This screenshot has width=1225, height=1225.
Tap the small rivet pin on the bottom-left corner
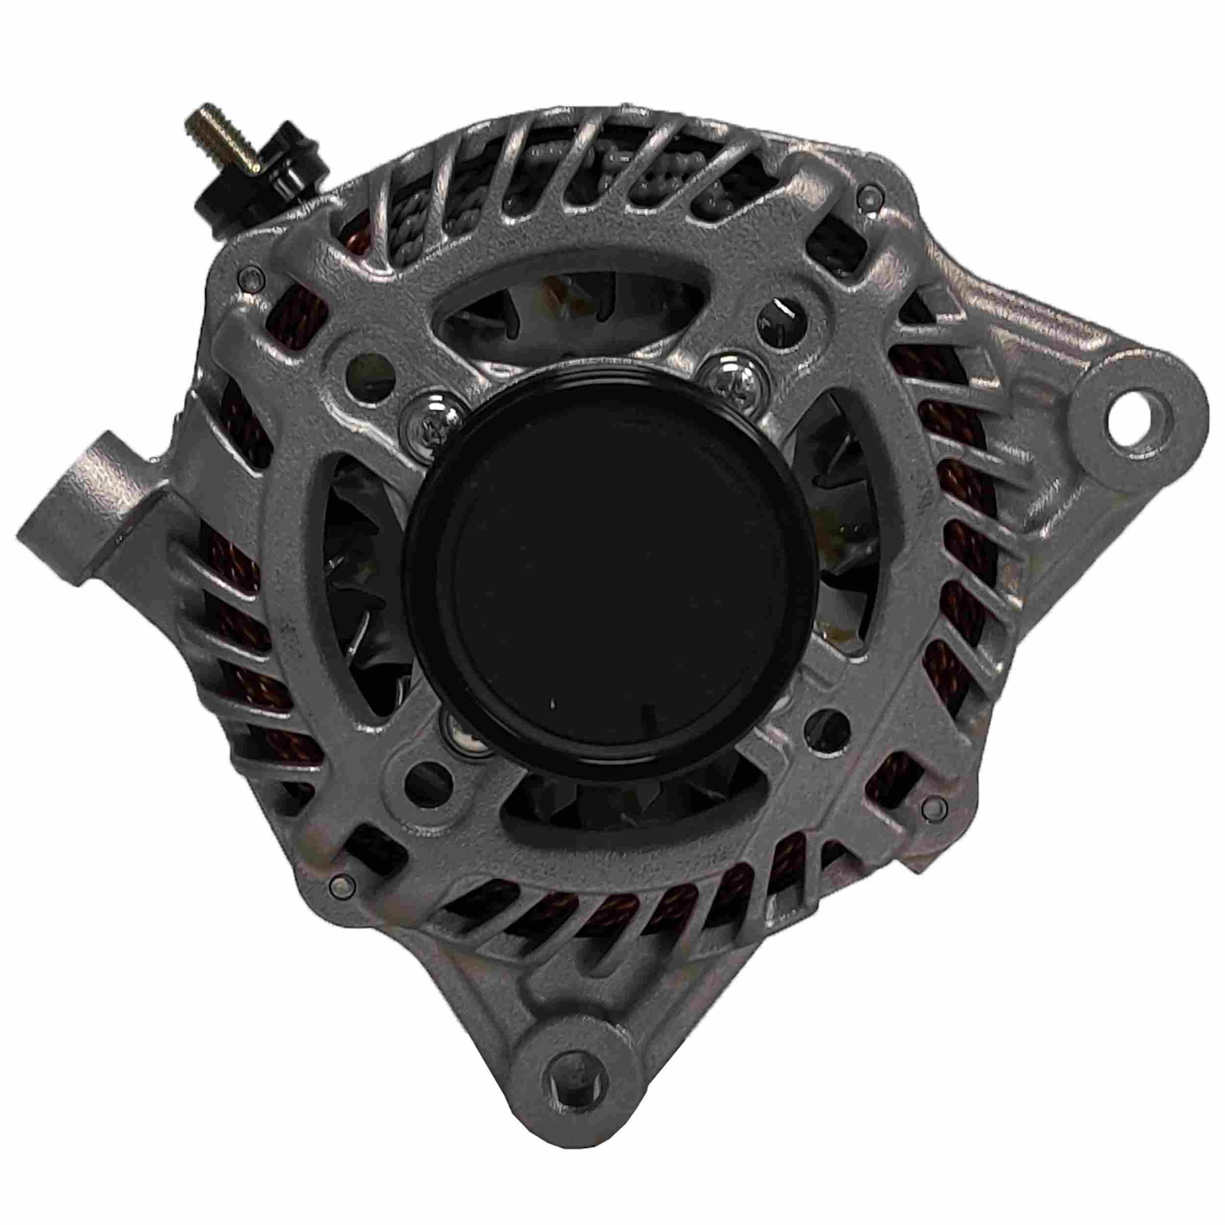click(x=343, y=882)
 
